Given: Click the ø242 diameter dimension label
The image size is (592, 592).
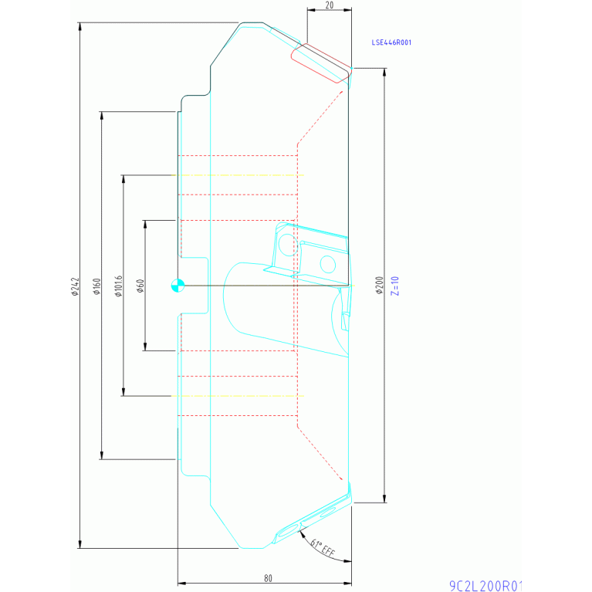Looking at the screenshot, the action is tap(74, 286).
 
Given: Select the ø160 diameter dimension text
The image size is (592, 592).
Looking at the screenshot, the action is tap(96, 286).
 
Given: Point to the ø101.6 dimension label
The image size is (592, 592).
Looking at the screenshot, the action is tap(118, 286).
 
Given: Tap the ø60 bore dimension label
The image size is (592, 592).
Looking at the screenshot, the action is tap(140, 286).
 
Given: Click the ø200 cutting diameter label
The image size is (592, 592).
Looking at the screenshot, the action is tap(379, 286).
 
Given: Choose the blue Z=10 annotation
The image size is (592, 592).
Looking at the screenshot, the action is tap(394, 286).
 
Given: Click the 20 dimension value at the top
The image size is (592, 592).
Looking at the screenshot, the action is tap(329, 5).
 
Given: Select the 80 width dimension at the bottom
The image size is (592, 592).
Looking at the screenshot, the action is tap(268, 577).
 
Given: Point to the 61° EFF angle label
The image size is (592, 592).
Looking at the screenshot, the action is tap(323, 547).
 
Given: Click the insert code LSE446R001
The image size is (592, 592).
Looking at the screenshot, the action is tap(391, 43).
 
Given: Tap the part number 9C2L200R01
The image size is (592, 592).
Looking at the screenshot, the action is tap(486, 586).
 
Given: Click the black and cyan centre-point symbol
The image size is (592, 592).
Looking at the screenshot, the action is tap(178, 286).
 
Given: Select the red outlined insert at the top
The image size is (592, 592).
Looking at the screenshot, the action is tap(320, 62).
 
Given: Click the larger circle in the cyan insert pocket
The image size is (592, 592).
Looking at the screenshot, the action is tap(286, 245).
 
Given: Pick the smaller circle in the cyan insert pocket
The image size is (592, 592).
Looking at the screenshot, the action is tap(327, 265).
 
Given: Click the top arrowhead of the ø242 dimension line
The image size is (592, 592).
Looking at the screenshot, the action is tap(79, 26).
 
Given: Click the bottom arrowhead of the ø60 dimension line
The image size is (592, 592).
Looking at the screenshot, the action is tap(144, 347).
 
